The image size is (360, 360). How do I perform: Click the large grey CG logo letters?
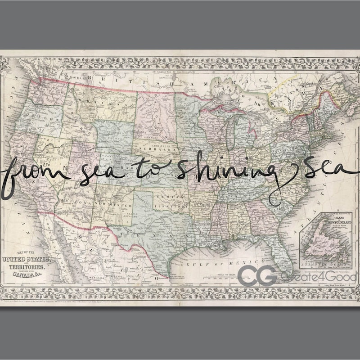tap(257, 275)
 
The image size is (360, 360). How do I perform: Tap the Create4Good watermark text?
tap(318, 276)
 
